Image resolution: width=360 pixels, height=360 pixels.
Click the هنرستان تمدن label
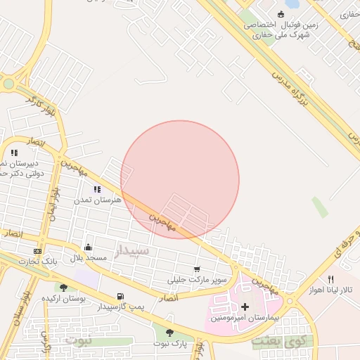(98, 200)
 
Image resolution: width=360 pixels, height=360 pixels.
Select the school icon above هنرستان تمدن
(97, 189)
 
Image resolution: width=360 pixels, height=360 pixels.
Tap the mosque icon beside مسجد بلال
(88, 247)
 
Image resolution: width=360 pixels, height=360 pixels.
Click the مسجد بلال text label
(88, 258)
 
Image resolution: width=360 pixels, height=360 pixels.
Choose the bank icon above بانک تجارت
(37, 251)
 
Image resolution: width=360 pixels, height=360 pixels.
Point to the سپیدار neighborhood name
(131, 250)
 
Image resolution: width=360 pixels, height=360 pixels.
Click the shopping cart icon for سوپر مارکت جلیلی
(197, 269)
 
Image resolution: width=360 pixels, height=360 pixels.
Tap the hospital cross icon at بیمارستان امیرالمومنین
(245, 307)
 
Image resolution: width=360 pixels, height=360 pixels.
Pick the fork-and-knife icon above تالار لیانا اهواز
(331, 278)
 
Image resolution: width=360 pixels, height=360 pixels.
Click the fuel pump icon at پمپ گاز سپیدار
(120, 296)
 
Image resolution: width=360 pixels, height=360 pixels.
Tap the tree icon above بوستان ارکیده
(63, 287)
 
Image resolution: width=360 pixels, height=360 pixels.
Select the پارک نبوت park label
(169, 344)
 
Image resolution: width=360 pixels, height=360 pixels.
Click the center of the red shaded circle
(180, 179)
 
